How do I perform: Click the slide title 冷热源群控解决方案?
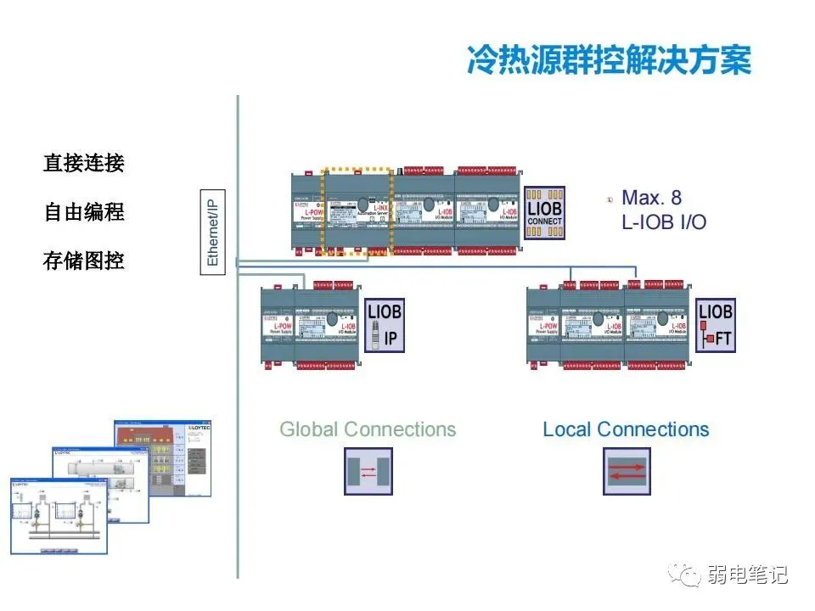point(609,61)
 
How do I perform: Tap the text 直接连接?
point(84,163)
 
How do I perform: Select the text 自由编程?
point(84,212)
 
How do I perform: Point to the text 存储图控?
point(84,261)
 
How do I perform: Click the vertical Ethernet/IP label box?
point(212,228)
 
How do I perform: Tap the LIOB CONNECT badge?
point(544,213)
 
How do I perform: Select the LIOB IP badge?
point(384,326)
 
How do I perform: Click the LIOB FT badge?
point(715,326)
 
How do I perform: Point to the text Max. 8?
point(651,199)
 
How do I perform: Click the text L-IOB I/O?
point(664,222)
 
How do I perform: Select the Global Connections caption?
point(368,429)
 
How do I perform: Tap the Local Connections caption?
point(626,429)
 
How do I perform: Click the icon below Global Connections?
point(368,471)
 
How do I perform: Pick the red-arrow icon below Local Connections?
point(627,471)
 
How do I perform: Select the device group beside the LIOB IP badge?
point(311,326)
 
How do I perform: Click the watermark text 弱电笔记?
point(747,575)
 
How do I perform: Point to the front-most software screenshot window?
point(58,517)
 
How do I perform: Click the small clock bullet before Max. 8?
point(610,199)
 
